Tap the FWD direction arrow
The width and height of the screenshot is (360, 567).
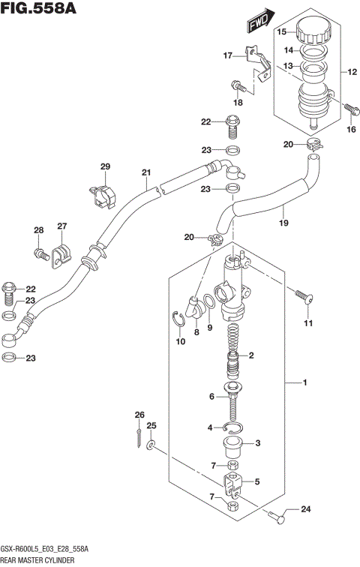[258, 27]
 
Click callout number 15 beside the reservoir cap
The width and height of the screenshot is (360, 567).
[282, 32]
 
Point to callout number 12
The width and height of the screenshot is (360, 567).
[351, 73]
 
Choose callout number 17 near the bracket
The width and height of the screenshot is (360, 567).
[228, 55]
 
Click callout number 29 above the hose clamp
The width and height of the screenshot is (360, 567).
[106, 166]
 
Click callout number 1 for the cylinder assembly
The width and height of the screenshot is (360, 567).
[305, 385]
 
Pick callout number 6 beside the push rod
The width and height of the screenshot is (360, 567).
[212, 397]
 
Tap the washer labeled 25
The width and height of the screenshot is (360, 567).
[151, 447]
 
